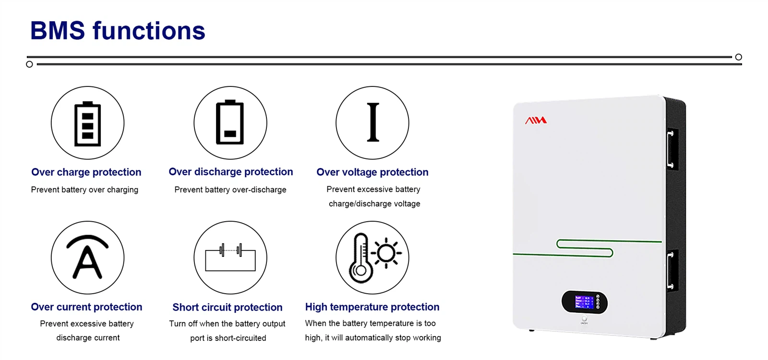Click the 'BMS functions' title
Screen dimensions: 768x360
tap(118, 31)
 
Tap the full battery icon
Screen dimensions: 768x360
tap(88, 123)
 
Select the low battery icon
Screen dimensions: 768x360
tap(230, 122)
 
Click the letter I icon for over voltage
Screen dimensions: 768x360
tap(372, 122)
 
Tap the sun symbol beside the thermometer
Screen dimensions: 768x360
tap(386, 253)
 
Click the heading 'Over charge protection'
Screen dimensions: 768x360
tap(86, 172)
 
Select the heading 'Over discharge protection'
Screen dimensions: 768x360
tap(231, 172)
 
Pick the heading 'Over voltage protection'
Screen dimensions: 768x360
tap(372, 172)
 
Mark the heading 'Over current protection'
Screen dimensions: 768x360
tap(86, 307)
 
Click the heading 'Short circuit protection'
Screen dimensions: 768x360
tap(228, 307)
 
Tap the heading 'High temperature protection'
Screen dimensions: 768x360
tap(372, 307)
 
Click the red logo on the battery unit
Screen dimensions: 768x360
tap(536, 120)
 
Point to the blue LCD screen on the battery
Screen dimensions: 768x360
tap(584, 302)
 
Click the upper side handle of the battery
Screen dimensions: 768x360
tap(671, 149)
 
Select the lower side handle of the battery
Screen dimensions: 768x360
tap(671, 271)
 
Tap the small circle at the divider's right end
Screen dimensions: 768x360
tap(739, 57)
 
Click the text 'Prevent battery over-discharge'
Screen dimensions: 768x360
tap(230, 190)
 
